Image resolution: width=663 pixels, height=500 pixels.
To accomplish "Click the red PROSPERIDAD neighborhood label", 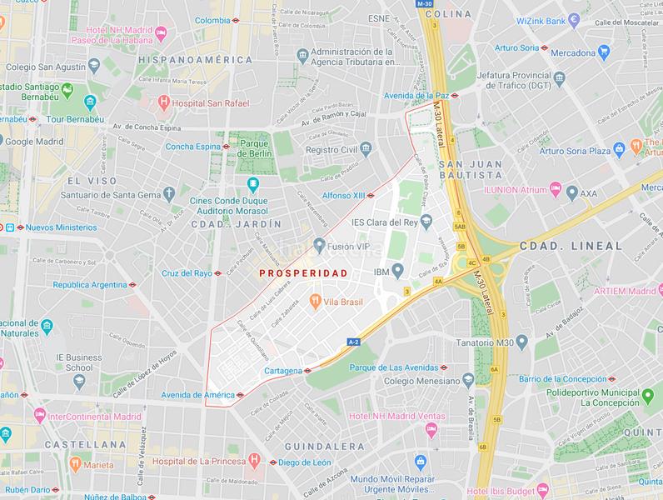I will point(302,272).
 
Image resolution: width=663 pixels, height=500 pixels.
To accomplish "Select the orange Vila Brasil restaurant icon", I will point(315,301).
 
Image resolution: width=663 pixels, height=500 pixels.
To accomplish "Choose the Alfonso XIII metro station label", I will point(342,195).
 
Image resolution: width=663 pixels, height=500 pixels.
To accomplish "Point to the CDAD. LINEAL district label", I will point(571,247).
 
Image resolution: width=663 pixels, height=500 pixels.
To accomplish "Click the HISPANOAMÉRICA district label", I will point(195,60).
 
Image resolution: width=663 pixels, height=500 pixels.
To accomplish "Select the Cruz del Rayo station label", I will point(186,272).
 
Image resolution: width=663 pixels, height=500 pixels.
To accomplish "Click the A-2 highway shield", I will point(354,342).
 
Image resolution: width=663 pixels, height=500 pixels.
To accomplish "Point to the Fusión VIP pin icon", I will point(319,244).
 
